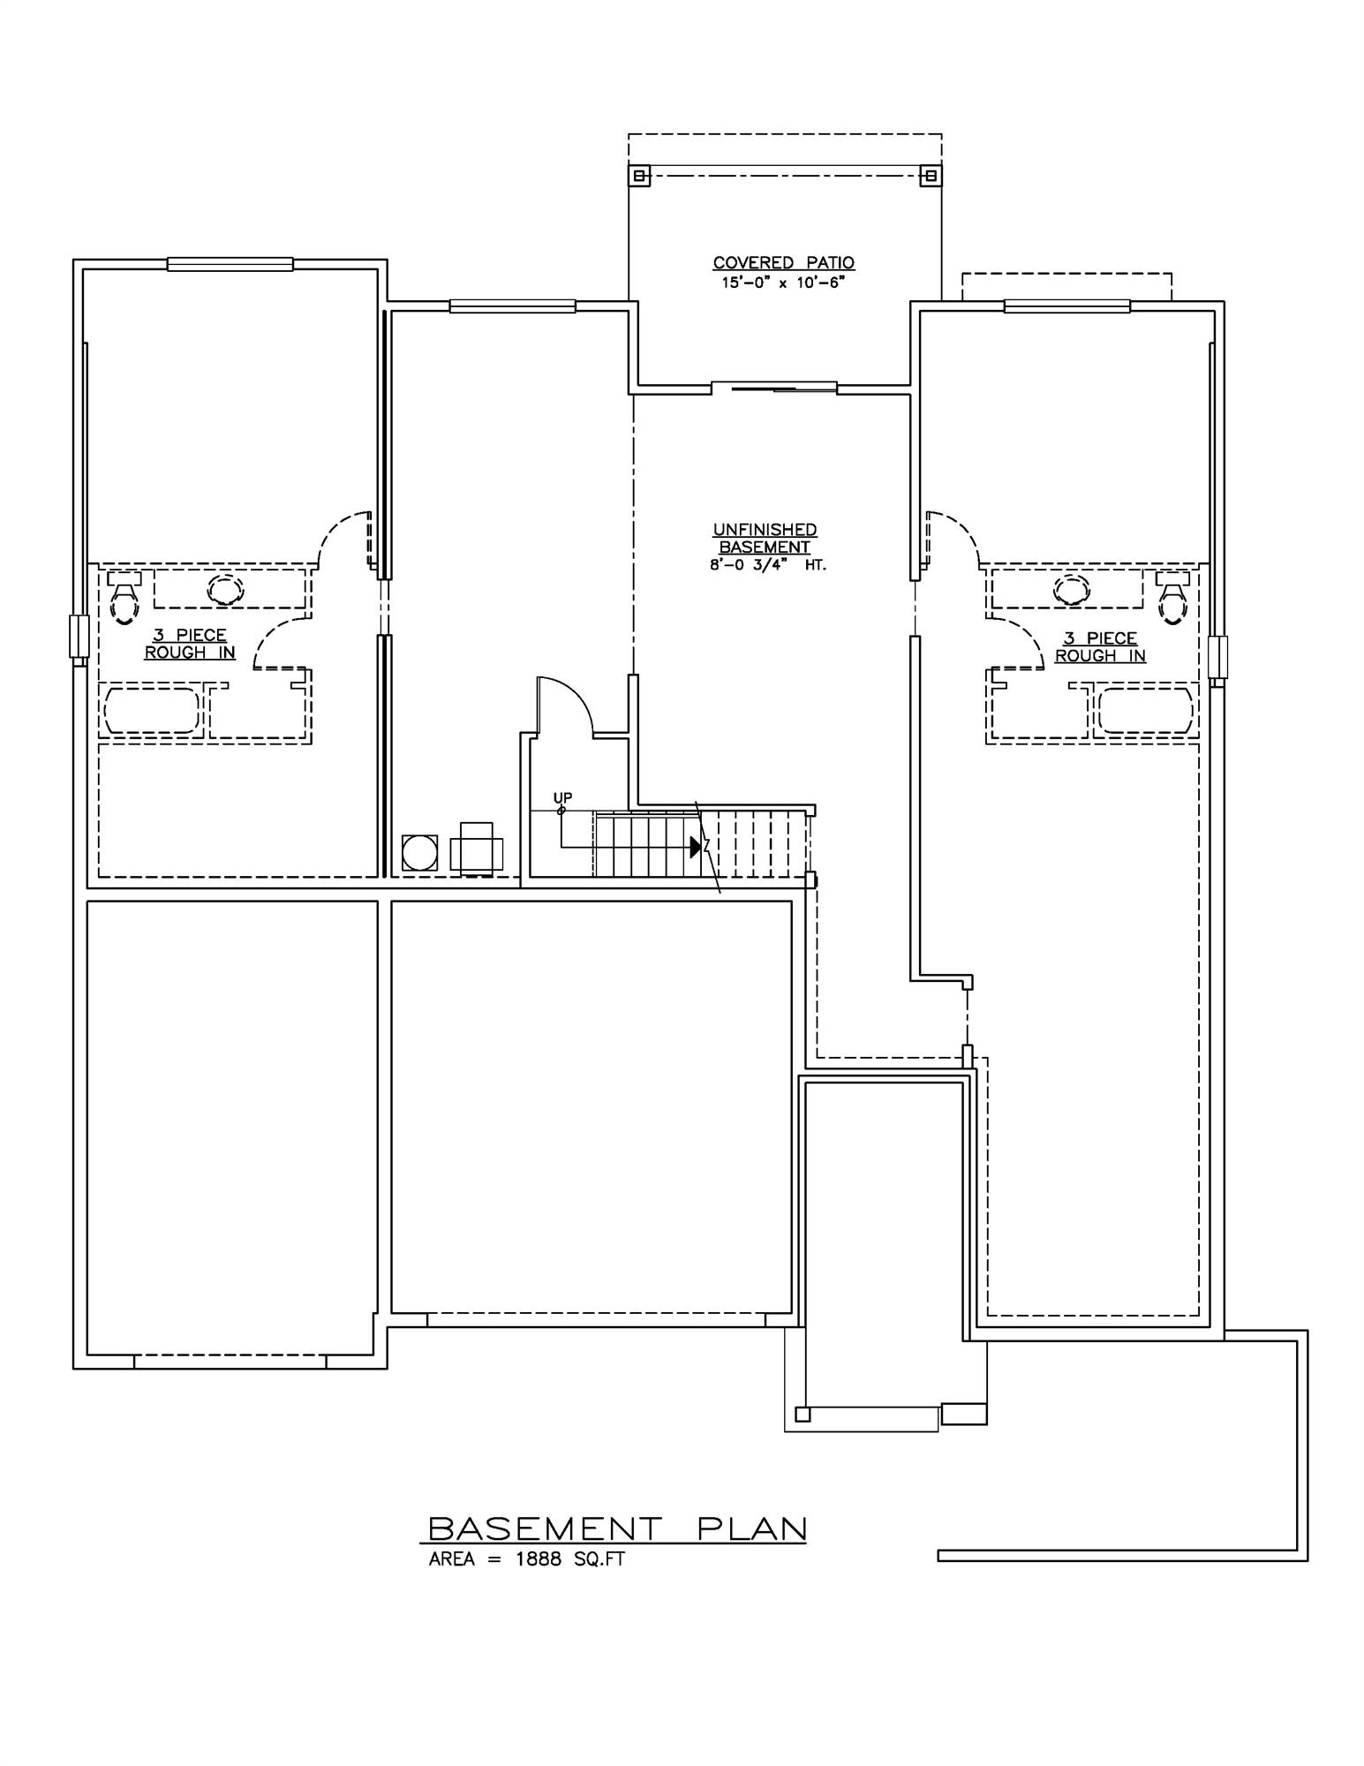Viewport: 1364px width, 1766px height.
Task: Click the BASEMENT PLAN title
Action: (x=617, y=1528)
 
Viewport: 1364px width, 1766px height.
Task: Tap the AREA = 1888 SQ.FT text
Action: (x=527, y=1559)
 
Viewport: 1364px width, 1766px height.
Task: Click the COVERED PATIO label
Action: (x=783, y=262)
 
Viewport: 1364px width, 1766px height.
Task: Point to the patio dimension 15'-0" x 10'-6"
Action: (x=783, y=283)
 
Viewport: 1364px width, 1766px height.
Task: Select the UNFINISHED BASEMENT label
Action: (x=765, y=538)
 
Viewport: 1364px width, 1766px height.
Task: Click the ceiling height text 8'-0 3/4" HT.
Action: (x=767, y=565)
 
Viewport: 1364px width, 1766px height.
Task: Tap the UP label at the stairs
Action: (x=562, y=798)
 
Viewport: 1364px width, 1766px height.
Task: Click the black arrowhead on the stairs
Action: (x=696, y=847)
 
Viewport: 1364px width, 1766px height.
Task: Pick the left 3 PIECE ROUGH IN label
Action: (x=190, y=644)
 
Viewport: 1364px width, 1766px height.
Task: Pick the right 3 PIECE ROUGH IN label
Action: (x=1100, y=647)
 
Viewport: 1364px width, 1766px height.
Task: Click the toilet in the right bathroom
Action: (x=1173, y=600)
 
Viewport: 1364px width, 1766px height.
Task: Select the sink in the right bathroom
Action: (x=1072, y=588)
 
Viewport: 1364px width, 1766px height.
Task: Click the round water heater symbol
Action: (x=419, y=853)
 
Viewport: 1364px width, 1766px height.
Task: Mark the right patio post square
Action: (x=930, y=176)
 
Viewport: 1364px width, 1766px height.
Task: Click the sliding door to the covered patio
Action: (x=774, y=387)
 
